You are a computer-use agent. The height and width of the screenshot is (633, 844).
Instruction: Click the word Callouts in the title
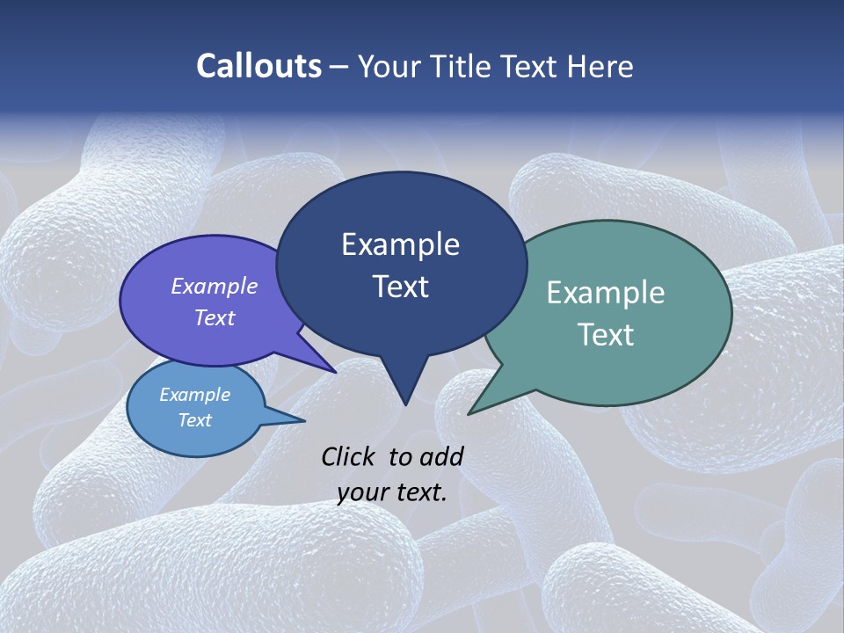point(259,67)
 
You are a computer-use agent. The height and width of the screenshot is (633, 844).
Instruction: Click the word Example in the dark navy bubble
point(400,244)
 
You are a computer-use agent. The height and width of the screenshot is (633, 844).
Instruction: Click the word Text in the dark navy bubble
point(400,287)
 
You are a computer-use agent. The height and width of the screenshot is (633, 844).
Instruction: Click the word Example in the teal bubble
point(606,293)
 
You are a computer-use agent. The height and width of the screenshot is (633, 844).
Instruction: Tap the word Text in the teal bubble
point(606,335)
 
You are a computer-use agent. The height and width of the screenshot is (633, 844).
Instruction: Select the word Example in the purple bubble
point(215,286)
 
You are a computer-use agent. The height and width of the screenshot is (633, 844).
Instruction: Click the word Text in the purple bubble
point(215,317)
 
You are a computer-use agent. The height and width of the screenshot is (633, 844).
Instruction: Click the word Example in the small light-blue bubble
point(195,395)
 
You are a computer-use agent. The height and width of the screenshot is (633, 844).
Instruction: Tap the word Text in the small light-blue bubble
point(195,419)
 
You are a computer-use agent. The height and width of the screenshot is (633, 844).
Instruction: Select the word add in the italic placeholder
point(442,456)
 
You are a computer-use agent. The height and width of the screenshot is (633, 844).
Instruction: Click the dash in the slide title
point(339,67)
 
